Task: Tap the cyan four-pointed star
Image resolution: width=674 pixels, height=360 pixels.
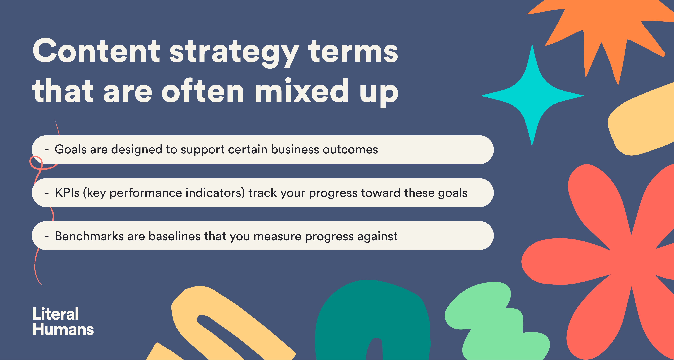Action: click(533, 96)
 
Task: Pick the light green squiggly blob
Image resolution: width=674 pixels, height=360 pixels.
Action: click(496, 322)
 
